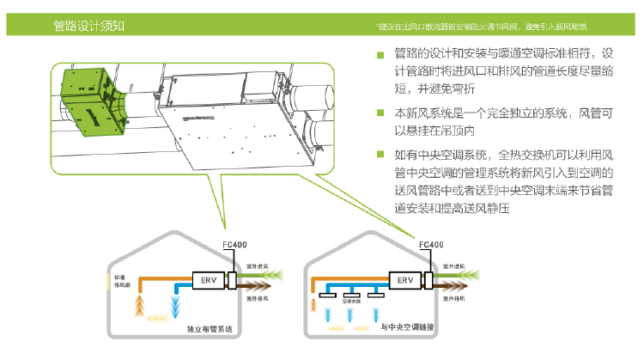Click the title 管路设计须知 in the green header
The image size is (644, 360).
(x=89, y=25)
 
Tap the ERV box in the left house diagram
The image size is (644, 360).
(x=209, y=279)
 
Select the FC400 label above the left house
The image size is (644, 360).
(x=235, y=245)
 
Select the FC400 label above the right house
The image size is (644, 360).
(x=431, y=245)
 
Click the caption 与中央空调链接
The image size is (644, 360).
(x=406, y=328)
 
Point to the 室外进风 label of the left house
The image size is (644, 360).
(x=257, y=268)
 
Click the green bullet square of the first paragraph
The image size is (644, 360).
(x=380, y=56)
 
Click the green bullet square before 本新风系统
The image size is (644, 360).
(x=380, y=113)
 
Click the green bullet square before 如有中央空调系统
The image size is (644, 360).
(x=380, y=155)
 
